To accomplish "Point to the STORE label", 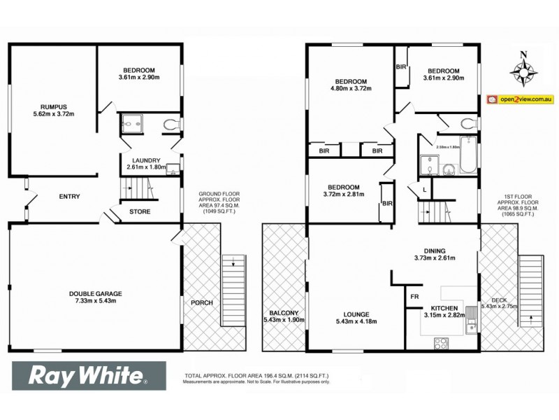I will [140, 211].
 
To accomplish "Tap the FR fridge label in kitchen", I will [414, 297].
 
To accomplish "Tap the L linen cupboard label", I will [424, 190].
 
